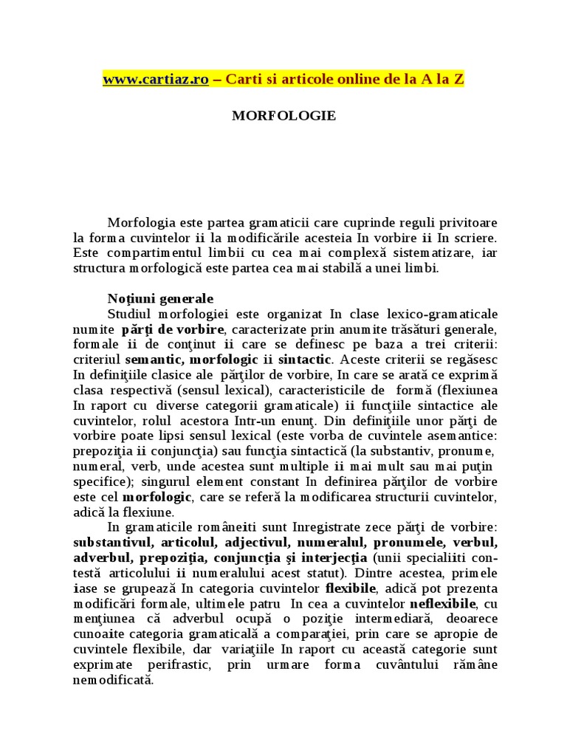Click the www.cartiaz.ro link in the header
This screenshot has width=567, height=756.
pyautogui.click(x=156, y=80)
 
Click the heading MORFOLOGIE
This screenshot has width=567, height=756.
pyautogui.click(x=284, y=116)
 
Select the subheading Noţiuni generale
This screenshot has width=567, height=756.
pyautogui.click(x=160, y=299)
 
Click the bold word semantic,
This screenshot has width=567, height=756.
pyautogui.click(x=157, y=360)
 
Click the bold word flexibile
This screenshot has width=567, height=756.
pyautogui.click(x=351, y=588)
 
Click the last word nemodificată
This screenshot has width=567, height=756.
pyautogui.click(x=113, y=680)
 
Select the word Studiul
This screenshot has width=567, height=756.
pyautogui.click(x=130, y=314)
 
